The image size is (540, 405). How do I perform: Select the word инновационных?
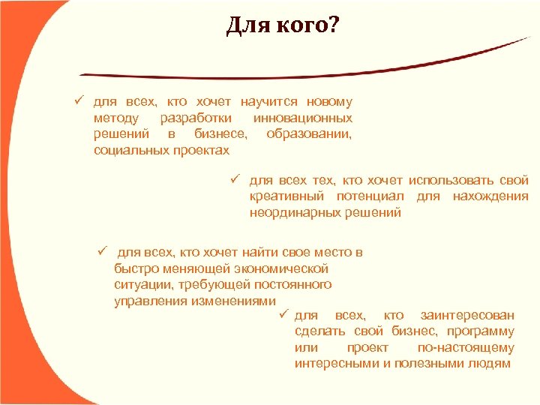click(303, 118)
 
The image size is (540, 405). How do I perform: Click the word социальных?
click(128, 151)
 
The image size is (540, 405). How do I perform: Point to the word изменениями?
click(226, 301)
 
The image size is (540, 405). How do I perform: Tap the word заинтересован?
click(467, 315)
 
